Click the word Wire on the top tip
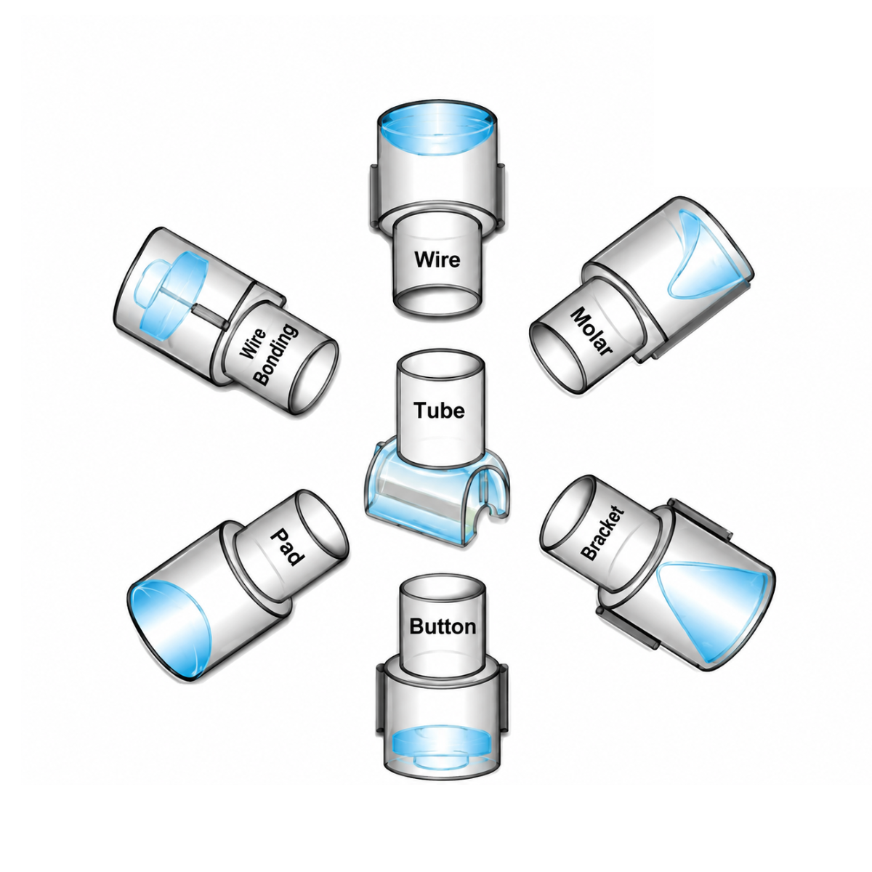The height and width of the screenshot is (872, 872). coord(437,259)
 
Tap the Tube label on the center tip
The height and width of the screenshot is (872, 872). coord(439,410)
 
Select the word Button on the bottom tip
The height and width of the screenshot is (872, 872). coord(442,626)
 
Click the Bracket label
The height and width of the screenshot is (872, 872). coord(602,534)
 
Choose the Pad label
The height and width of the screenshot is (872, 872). coord(286,547)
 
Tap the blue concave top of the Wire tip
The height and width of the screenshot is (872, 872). coord(437,130)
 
